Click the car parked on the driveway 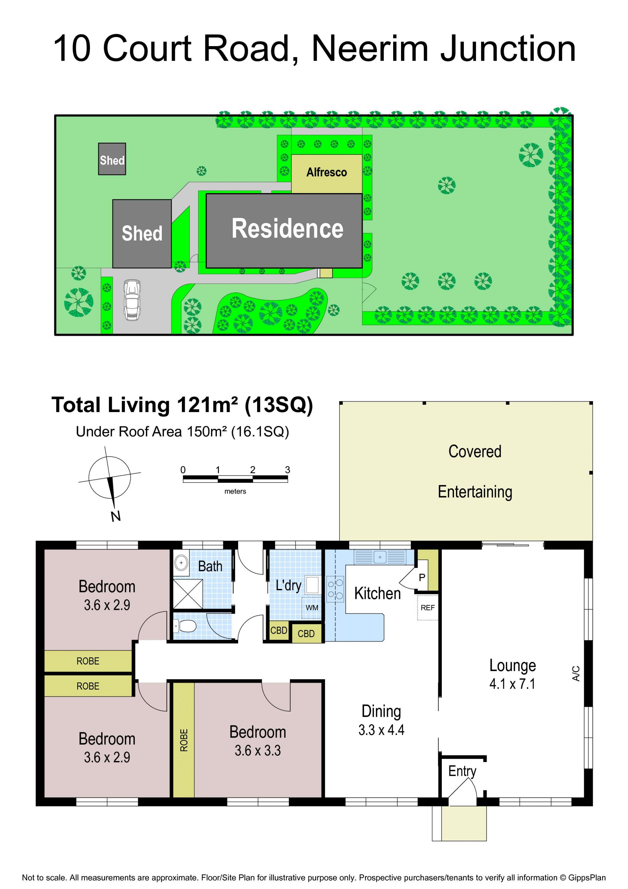pos(131,300)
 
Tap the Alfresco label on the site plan pos(326,172)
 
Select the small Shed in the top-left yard pos(112,159)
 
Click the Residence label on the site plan pos(288,228)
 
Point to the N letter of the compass pos(115,516)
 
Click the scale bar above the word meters pos(235,479)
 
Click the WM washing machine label pos(312,608)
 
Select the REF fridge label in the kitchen pos(427,608)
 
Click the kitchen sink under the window pos(380,557)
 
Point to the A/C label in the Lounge pos(576,673)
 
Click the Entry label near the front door pos(462,771)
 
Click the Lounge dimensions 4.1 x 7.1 pos(512,684)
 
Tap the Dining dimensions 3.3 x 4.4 pos(381,730)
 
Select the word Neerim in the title pos(370,49)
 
